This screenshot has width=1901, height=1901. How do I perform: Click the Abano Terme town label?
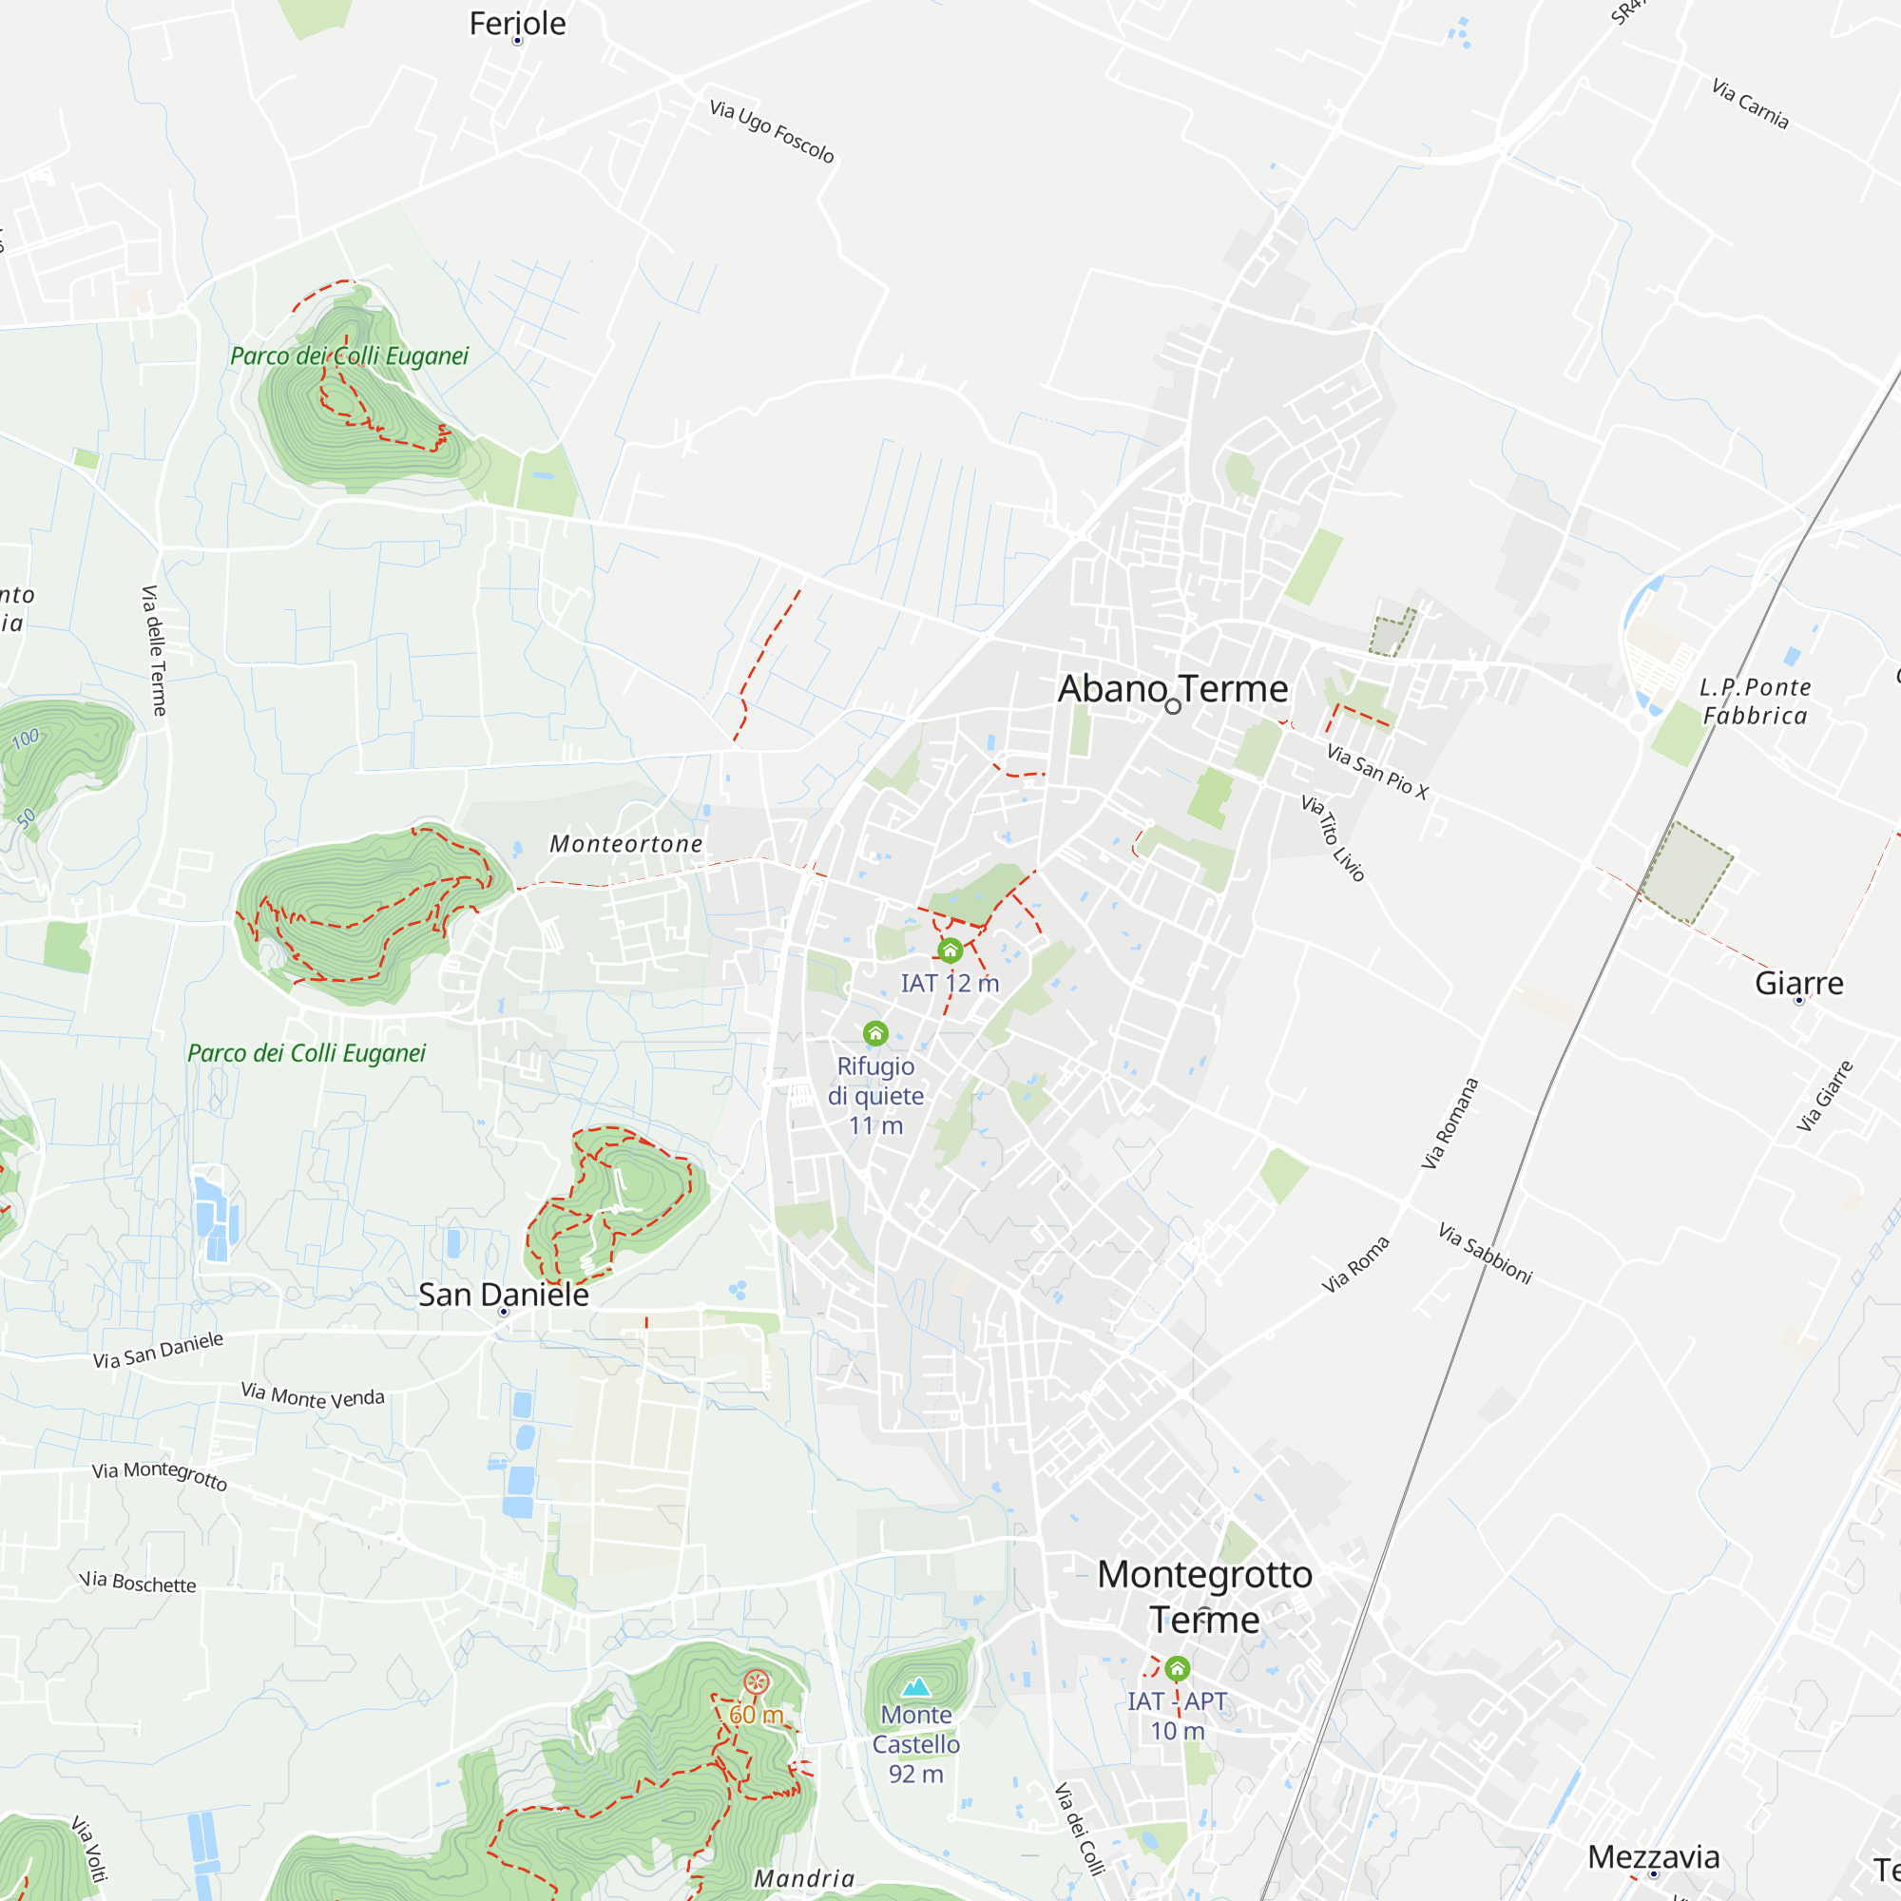point(1172,689)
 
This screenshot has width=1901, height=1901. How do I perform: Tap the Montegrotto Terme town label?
point(1204,1596)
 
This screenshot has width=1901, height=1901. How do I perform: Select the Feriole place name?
point(518,24)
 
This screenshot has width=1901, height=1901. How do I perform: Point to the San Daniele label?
point(503,1295)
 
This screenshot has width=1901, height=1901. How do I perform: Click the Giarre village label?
point(1798,983)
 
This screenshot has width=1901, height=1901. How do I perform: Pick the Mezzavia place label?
point(1653,1856)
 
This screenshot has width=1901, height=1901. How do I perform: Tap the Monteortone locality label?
point(625,843)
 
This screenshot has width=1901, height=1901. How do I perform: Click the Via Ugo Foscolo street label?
point(772,131)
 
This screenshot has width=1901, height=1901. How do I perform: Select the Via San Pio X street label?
point(1376,771)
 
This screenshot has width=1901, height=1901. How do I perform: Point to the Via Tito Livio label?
point(1334,837)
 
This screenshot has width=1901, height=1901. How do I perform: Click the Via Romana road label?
point(1450,1123)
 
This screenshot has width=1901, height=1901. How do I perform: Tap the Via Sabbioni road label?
point(1485,1253)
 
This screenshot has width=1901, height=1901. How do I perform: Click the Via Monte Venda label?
point(313,1395)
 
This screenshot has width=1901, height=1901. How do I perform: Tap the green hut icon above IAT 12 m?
point(950,950)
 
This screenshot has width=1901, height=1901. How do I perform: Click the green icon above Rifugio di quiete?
point(875,1033)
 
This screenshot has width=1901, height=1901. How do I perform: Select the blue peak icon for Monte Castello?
point(916,1687)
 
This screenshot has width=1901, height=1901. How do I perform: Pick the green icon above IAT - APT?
point(1177,1669)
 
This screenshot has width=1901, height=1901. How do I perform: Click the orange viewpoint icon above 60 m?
point(756,1682)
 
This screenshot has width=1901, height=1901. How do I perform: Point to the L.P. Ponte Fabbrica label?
point(1755,701)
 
